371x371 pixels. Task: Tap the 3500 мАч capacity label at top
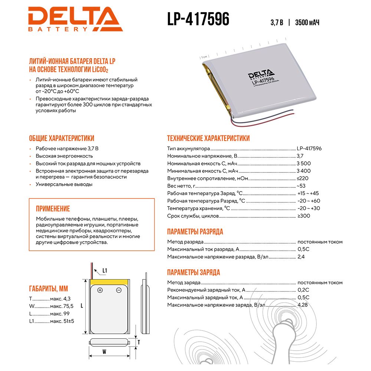click(x=307, y=22)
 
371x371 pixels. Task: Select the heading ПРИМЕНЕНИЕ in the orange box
click(x=53, y=209)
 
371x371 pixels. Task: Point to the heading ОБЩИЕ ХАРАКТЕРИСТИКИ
click(x=62, y=138)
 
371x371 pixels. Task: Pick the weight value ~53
click(x=301, y=186)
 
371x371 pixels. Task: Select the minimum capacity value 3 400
click(x=304, y=171)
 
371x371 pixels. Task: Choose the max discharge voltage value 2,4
click(x=301, y=257)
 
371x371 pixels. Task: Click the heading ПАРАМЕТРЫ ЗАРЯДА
click(x=193, y=272)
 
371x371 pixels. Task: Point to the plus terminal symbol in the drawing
click(x=100, y=290)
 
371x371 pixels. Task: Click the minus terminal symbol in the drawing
click(x=119, y=290)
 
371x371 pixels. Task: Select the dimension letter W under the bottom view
click(x=105, y=351)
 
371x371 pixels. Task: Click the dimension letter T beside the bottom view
click(x=138, y=342)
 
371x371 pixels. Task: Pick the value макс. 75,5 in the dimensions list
click(x=62, y=306)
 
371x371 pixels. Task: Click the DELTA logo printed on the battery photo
click(x=260, y=73)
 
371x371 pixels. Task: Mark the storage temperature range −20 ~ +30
click(x=309, y=208)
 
